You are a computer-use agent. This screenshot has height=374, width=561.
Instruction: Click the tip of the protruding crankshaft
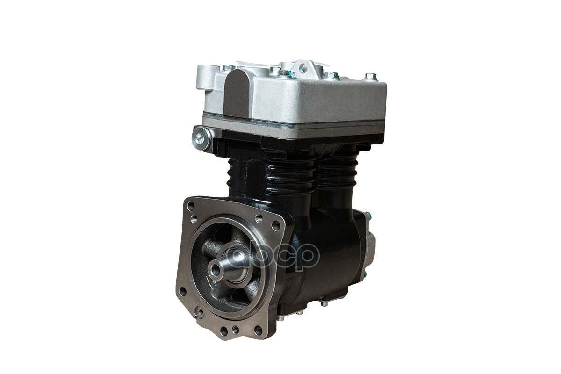pyautogui.click(x=215, y=269)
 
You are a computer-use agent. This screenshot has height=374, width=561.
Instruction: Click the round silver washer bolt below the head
pyautogui.click(x=200, y=138)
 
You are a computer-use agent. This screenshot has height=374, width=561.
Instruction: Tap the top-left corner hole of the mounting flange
pyautogui.click(x=191, y=207)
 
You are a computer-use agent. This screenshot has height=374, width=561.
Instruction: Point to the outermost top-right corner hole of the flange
pyautogui.click(x=276, y=225)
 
